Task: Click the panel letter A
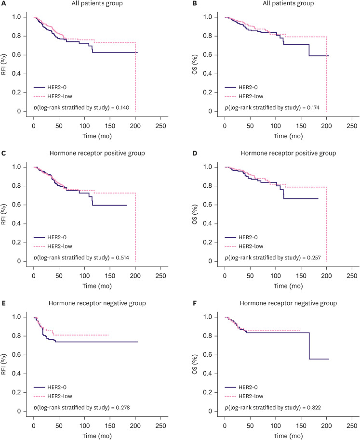pos(4,4)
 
